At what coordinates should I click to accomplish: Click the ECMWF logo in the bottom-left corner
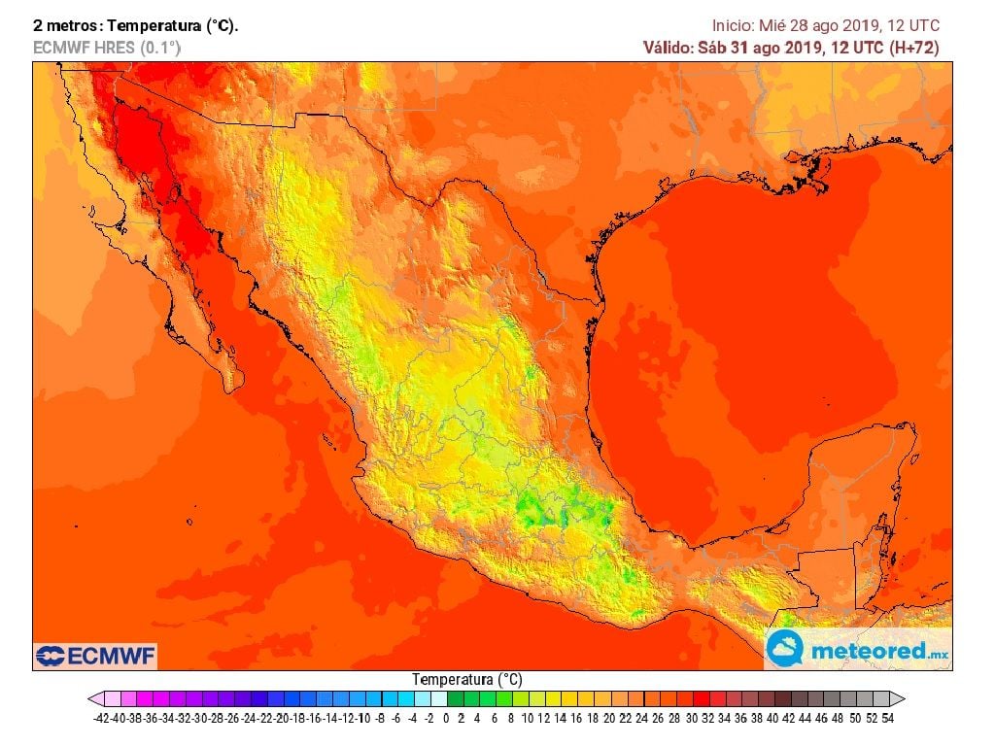[95, 656]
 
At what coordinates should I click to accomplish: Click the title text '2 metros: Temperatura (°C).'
[135, 26]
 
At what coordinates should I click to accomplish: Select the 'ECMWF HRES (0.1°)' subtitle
[106, 47]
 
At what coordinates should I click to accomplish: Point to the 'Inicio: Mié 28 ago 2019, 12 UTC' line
[825, 26]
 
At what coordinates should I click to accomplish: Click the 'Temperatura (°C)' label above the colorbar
[467, 680]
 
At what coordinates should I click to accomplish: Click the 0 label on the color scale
[446, 719]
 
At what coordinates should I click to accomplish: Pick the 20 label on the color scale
[609, 719]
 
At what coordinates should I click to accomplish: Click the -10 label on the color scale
[363, 719]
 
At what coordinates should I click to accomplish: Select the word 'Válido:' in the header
[669, 48]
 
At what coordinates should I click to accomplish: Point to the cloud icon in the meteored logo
[785, 649]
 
